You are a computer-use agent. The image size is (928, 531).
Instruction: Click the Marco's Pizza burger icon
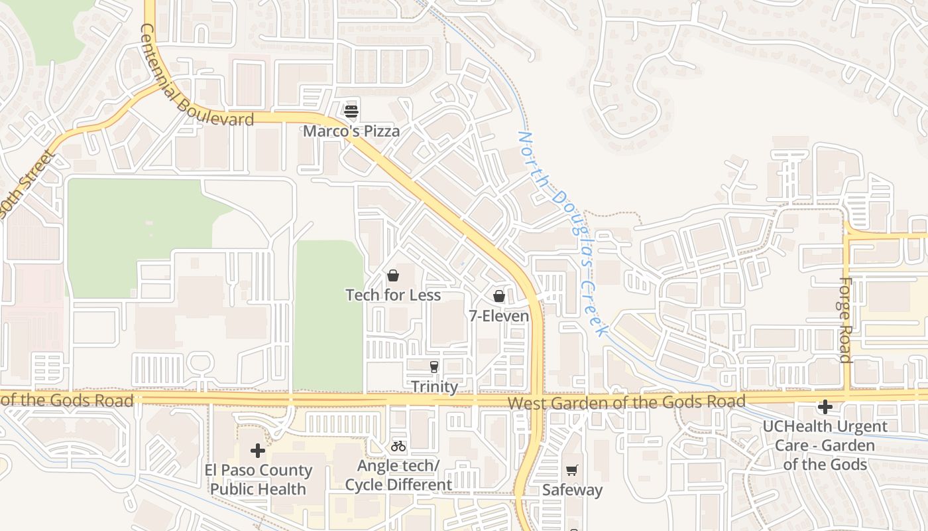tap(351, 111)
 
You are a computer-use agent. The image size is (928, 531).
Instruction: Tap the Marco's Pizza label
tap(351, 131)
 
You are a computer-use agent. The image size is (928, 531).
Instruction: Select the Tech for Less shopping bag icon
tap(393, 275)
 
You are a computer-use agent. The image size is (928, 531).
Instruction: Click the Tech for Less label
tap(393, 295)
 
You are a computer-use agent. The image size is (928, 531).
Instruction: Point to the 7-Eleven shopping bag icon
tap(499, 296)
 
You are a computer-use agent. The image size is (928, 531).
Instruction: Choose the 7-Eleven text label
tap(499, 316)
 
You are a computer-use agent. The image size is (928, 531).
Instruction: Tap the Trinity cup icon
tap(434, 366)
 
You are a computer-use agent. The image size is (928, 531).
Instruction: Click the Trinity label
tap(434, 386)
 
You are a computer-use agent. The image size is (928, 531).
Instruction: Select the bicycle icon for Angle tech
tap(398, 446)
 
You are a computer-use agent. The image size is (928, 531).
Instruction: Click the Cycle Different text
tap(398, 485)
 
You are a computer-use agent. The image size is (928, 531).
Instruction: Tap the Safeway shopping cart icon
tap(572, 470)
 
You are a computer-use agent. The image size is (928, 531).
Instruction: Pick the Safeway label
tap(572, 490)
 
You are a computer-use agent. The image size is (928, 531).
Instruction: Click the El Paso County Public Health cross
tap(258, 451)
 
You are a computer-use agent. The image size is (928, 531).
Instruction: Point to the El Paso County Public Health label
tap(258, 480)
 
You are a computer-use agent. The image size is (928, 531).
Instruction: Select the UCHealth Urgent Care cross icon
tap(825, 406)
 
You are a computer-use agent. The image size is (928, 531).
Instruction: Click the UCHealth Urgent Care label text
tap(825, 445)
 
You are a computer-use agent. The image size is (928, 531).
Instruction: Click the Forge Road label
tap(845, 320)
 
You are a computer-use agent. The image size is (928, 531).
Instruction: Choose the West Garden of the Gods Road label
tap(626, 402)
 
